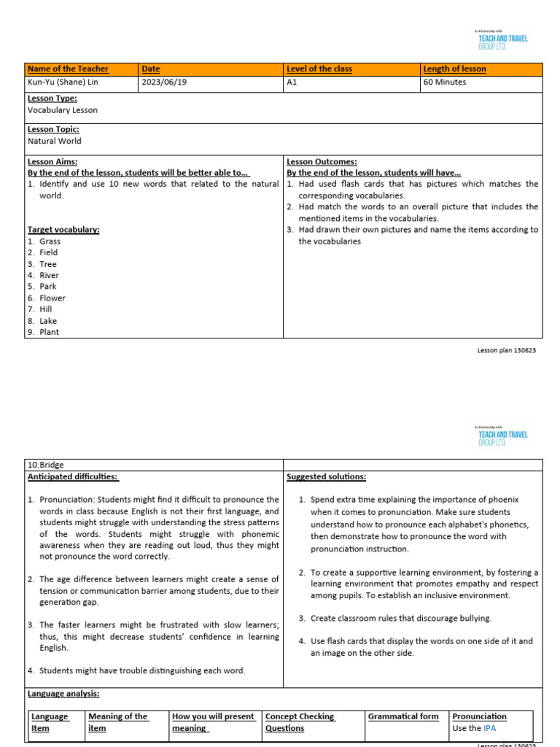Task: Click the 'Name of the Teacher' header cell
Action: click(68, 69)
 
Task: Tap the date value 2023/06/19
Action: click(164, 82)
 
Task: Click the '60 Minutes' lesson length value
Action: click(445, 82)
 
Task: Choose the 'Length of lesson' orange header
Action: click(454, 69)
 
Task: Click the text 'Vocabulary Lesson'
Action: click(62, 110)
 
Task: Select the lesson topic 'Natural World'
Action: click(55, 141)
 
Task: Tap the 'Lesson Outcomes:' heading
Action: click(322, 162)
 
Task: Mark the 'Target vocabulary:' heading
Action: click(63, 230)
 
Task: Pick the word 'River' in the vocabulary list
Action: click(49, 275)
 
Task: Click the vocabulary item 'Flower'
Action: click(52, 298)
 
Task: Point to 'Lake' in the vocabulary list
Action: click(48, 321)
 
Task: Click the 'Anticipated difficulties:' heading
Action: click(72, 476)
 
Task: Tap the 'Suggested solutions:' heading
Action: click(326, 476)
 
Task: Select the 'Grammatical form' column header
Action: click(403, 716)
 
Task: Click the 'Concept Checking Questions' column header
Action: click(300, 722)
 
